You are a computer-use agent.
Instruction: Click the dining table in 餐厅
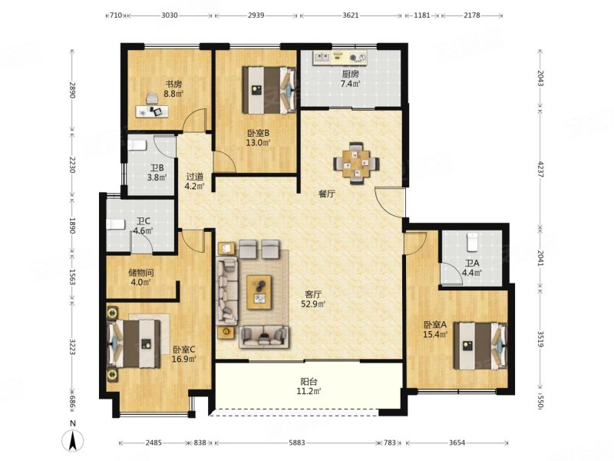(x=356, y=164)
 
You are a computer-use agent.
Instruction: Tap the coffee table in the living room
(x=259, y=292)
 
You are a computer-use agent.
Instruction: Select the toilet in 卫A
(x=473, y=242)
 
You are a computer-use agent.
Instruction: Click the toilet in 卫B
(x=137, y=145)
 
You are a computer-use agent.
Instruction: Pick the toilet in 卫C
(x=116, y=224)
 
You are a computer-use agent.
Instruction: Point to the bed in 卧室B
(x=269, y=90)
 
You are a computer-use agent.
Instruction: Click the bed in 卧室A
(x=480, y=346)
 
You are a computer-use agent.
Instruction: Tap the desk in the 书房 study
(x=152, y=111)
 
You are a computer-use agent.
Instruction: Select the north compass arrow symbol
(x=72, y=439)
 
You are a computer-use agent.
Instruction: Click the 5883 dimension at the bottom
(x=297, y=443)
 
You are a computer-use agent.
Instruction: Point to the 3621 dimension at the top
(x=350, y=15)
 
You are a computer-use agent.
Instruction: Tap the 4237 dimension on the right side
(x=540, y=169)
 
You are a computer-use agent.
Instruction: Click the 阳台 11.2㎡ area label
(x=309, y=386)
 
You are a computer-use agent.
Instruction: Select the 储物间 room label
(x=141, y=273)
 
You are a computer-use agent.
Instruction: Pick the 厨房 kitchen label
(x=350, y=74)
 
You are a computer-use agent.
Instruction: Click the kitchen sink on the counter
(x=322, y=58)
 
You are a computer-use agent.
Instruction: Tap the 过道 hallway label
(x=195, y=177)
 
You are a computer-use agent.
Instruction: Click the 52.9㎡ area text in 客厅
(x=313, y=303)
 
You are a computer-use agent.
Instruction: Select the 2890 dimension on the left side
(x=71, y=90)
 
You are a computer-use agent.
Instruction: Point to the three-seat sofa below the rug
(x=264, y=337)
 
